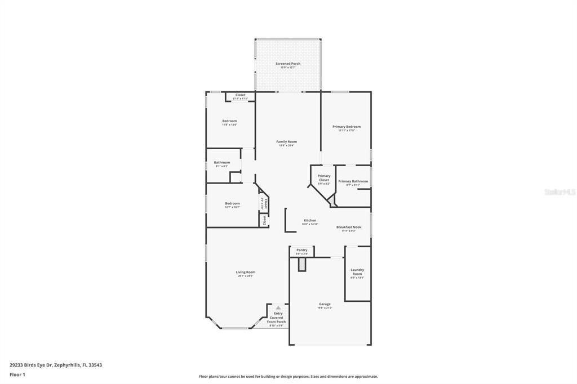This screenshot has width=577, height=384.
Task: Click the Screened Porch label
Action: pyautogui.click(x=287, y=64)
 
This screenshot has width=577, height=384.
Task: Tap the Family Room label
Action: pyautogui.click(x=286, y=142)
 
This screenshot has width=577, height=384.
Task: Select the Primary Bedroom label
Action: pyautogui.click(x=346, y=127)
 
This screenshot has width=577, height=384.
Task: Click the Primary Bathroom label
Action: pyautogui.click(x=353, y=181)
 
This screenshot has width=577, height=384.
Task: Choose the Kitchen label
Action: pyautogui.click(x=310, y=221)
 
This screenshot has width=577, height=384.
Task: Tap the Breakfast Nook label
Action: pyautogui.click(x=349, y=227)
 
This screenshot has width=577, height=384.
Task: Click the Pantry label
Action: pyautogui.click(x=302, y=250)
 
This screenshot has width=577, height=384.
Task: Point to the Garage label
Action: pyautogui.click(x=325, y=305)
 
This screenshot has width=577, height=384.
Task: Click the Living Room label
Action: pyautogui.click(x=245, y=273)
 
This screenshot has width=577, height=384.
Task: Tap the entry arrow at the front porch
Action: pyautogui.click(x=278, y=307)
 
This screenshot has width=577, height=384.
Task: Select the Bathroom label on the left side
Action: pyautogui.click(x=221, y=163)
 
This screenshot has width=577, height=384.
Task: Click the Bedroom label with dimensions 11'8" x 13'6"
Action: pyautogui.click(x=229, y=121)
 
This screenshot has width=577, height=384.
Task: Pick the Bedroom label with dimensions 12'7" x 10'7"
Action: pyautogui.click(x=232, y=204)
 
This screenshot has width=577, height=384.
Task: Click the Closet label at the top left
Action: pyautogui.click(x=240, y=95)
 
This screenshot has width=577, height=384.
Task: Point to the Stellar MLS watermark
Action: pyautogui.click(x=560, y=192)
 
